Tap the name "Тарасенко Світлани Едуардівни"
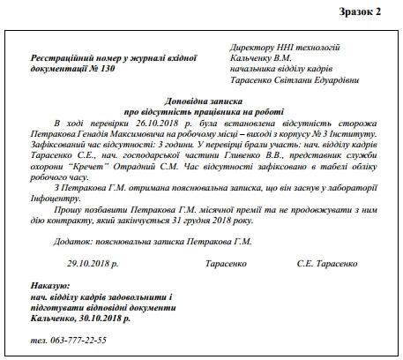tap(292, 79)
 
